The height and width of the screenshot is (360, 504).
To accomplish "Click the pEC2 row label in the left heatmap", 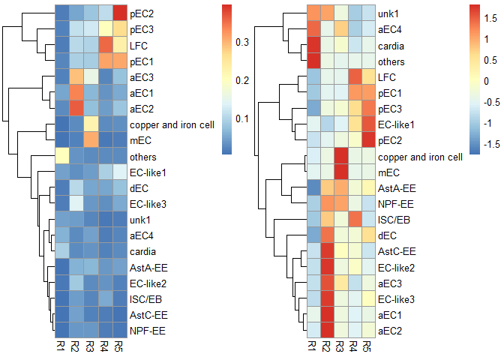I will tap(142, 13).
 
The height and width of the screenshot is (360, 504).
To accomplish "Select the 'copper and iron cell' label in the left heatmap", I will tap(172, 124).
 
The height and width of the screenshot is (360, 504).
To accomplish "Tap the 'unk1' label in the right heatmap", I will tap(388, 13).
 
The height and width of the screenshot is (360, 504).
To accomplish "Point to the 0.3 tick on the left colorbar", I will tap(242, 42).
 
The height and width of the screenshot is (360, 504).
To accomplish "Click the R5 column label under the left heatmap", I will tap(119, 346).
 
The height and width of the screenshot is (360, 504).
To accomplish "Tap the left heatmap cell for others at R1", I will tap(62, 156).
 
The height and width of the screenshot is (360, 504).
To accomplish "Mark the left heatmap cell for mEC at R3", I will tap(91, 140).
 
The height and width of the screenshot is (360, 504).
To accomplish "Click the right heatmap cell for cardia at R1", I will tap(313, 45).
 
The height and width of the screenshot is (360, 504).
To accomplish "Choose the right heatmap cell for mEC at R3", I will tap(341, 172).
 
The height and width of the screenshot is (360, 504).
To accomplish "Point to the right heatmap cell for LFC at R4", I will tap(355, 76).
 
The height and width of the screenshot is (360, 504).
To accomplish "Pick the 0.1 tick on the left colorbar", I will tap(242, 118).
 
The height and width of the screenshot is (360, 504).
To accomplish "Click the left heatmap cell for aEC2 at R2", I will tap(76, 108).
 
